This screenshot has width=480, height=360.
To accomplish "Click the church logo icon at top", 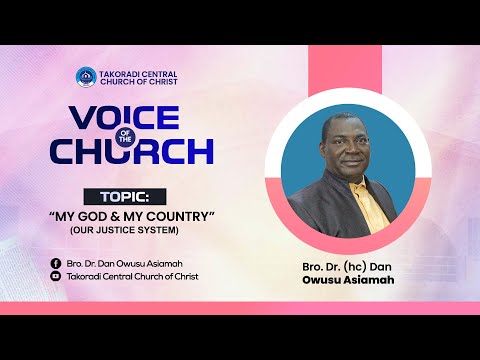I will coord(85,77).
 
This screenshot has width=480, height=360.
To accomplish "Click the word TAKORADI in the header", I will coord(115,72).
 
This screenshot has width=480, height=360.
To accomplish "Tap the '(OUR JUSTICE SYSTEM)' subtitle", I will coord(122,231).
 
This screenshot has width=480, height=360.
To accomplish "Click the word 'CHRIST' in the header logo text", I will coord(163,82).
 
